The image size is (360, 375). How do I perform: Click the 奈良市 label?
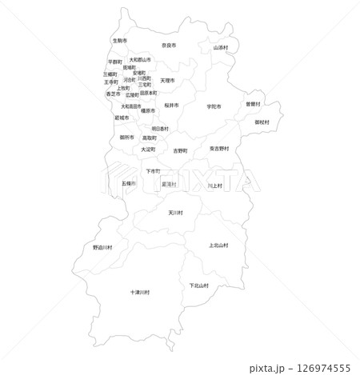(x=169, y=46)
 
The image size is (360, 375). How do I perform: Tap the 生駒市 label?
(x=120, y=40)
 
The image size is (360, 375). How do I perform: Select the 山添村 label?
(x=221, y=47)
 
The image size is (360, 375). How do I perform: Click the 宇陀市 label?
(x=214, y=106)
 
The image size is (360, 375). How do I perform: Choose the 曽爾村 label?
(x=253, y=104)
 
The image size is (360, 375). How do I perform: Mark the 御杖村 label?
(x=262, y=122)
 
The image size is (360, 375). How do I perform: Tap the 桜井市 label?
(x=171, y=105)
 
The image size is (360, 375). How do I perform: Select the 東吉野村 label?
(x=219, y=148)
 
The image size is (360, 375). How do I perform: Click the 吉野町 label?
(x=180, y=150)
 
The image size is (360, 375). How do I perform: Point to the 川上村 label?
(x=214, y=186)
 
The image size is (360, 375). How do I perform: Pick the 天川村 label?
(x=176, y=213)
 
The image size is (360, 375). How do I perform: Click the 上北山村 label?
(x=218, y=245)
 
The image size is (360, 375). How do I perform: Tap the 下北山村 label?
(x=199, y=285)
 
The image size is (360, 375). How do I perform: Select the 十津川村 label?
(x=140, y=293)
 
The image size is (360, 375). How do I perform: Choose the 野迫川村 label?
(x=103, y=247)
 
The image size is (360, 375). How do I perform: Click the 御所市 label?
(x=127, y=137)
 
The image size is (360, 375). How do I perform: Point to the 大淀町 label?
(x=149, y=149)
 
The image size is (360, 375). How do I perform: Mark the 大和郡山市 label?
(x=140, y=59)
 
